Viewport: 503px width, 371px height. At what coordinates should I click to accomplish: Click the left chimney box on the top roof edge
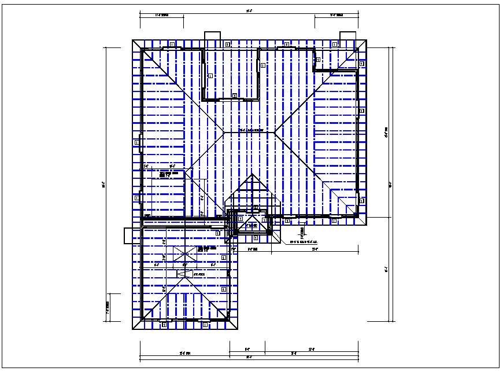click(213, 35)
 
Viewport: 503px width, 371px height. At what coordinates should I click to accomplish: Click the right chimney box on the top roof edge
click(347, 35)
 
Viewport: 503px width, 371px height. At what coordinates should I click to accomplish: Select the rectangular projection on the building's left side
click(128, 236)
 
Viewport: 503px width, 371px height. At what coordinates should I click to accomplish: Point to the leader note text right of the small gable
click(304, 242)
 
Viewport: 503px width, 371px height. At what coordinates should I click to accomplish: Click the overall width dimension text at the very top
click(249, 10)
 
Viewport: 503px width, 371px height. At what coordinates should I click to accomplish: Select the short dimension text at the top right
click(336, 16)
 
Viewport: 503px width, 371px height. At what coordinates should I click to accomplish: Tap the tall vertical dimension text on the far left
click(103, 185)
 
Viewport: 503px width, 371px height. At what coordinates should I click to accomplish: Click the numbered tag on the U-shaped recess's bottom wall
click(234, 95)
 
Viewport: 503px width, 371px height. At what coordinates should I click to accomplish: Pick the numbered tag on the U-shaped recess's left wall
click(210, 76)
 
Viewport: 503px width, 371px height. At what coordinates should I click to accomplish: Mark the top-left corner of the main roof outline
click(132, 40)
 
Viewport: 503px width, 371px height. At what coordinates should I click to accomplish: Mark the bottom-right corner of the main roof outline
click(367, 225)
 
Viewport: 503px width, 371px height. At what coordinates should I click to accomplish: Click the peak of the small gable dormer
click(252, 174)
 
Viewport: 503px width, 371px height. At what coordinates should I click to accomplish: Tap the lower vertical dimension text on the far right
click(386, 269)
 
